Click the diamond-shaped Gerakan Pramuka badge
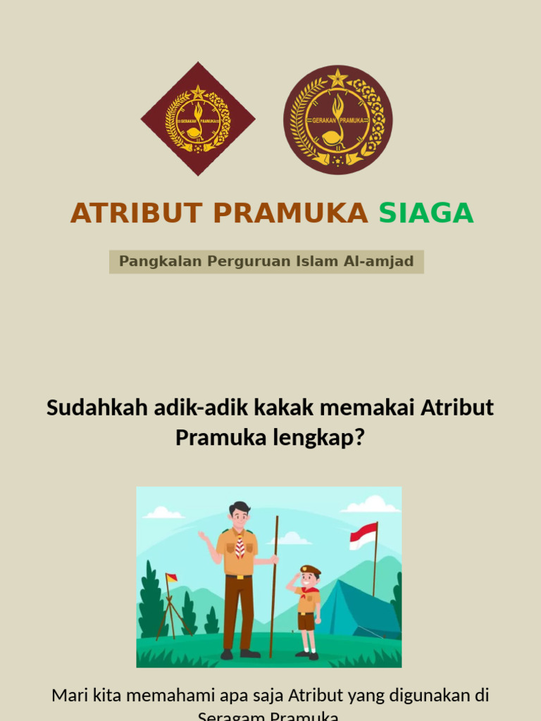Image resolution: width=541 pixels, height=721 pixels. tap(198, 119)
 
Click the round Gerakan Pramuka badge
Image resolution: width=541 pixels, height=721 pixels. tap(338, 120)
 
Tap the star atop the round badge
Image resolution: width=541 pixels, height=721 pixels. tap(338, 77)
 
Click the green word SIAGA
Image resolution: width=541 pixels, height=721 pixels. tap(426, 213)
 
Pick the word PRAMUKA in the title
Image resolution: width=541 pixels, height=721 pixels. tap(290, 213)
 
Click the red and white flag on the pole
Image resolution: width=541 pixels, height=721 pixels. tap(363, 536)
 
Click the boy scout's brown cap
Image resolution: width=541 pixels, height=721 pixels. tap(310, 570)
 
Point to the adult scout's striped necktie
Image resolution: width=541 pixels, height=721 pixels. tap(240, 546)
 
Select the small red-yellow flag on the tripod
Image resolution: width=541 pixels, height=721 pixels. tap(171, 578)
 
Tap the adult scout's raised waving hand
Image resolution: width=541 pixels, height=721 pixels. tap(203, 537)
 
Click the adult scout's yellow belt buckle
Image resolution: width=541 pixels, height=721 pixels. tap(240, 577)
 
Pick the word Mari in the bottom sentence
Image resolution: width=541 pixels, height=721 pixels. tap(69, 696)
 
